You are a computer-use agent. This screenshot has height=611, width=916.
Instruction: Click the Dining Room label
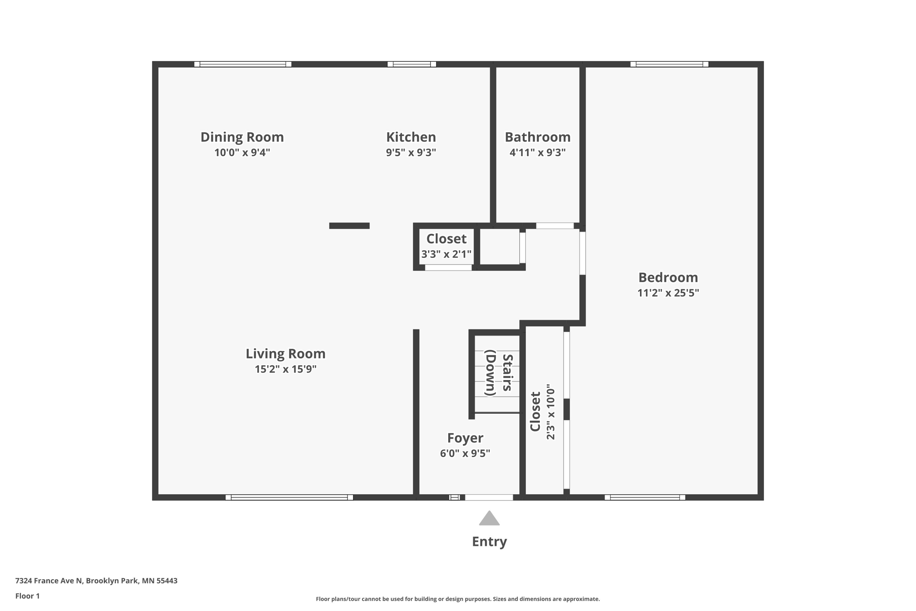pyautogui.click(x=242, y=137)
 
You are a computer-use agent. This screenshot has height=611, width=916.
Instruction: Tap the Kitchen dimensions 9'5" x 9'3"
pyautogui.click(x=411, y=153)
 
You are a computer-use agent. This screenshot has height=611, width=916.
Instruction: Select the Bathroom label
pyautogui.click(x=537, y=137)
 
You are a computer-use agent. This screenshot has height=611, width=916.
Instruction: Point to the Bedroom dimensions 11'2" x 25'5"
pyautogui.click(x=668, y=293)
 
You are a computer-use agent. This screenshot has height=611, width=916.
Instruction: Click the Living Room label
pyautogui.click(x=285, y=354)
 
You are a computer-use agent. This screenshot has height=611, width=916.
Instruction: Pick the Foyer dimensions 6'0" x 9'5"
pyautogui.click(x=465, y=453)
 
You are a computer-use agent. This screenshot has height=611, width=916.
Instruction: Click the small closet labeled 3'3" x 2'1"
pyautogui.click(x=446, y=246)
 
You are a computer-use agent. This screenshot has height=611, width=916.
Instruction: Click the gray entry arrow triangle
pyautogui.click(x=489, y=519)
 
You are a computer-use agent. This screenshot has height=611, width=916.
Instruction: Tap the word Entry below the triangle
pyautogui.click(x=489, y=542)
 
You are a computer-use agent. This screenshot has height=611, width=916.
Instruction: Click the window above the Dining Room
pyautogui.click(x=242, y=64)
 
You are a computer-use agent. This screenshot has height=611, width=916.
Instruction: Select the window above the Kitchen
pyautogui.click(x=411, y=64)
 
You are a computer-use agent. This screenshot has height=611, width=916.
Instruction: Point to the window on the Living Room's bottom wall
pyautogui.click(x=289, y=497)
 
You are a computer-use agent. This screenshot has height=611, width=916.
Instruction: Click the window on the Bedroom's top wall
pyautogui.click(x=669, y=64)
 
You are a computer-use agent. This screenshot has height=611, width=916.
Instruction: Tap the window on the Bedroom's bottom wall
pyautogui.click(x=645, y=497)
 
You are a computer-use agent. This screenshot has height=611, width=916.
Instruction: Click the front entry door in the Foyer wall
pyautogui.click(x=489, y=497)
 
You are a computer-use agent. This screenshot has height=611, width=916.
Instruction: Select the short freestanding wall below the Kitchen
pyautogui.click(x=349, y=226)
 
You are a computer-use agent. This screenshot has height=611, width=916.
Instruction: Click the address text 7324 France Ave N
pyautogui.click(x=96, y=581)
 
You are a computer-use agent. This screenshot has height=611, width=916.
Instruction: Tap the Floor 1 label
pyautogui.click(x=27, y=596)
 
